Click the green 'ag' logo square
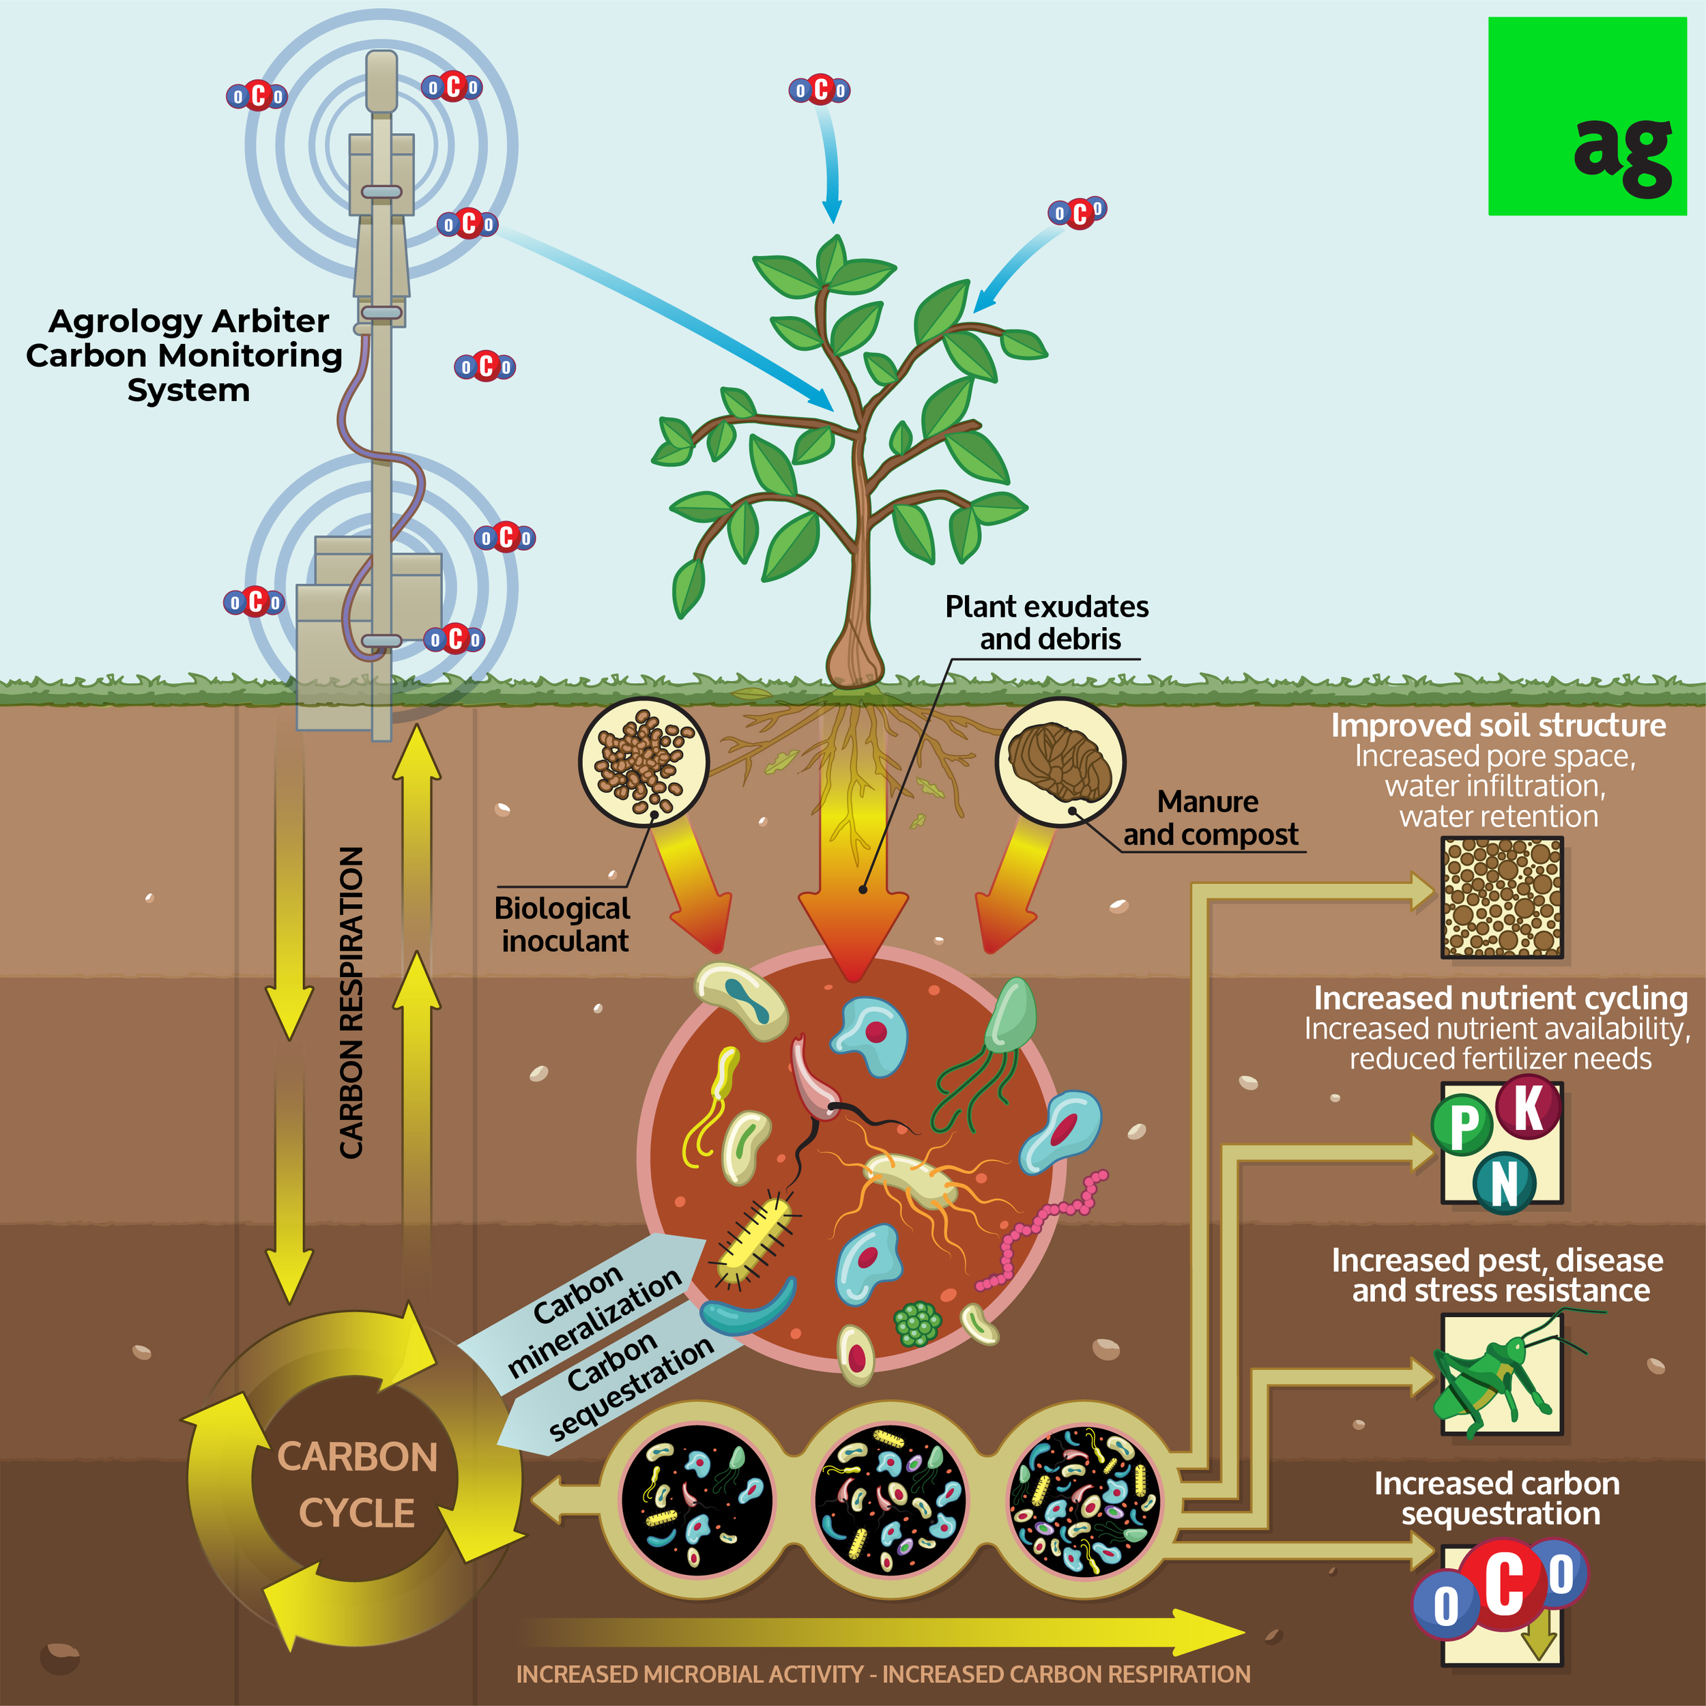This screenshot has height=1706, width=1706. point(1587,116)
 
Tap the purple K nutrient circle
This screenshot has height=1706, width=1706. point(1529,1106)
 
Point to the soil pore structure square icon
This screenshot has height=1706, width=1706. point(1502,897)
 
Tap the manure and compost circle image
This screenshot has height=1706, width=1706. point(1060,761)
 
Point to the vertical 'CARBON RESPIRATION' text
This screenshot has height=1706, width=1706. point(351,1002)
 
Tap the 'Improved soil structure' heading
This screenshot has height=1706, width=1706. point(1499,726)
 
